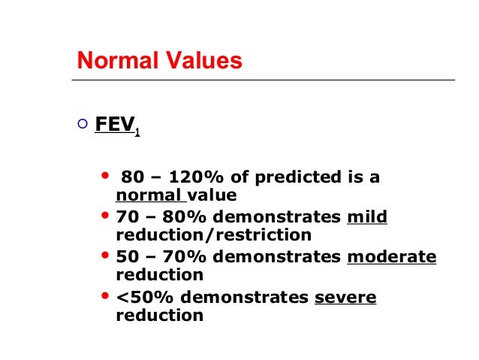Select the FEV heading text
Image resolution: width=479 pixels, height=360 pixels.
(114, 126)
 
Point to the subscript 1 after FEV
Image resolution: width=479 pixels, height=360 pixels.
(137, 133)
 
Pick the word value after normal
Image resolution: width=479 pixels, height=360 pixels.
(212, 196)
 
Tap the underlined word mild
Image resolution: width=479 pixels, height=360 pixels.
(367, 218)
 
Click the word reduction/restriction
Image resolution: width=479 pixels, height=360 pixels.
(213, 235)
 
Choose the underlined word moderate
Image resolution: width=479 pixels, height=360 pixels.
(391, 257)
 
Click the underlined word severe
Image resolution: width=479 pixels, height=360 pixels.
(345, 297)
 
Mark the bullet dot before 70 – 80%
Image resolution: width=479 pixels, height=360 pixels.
(104, 216)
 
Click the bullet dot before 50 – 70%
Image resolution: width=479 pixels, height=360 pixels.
(104, 256)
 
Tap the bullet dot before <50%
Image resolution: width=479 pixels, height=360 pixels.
(104, 295)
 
